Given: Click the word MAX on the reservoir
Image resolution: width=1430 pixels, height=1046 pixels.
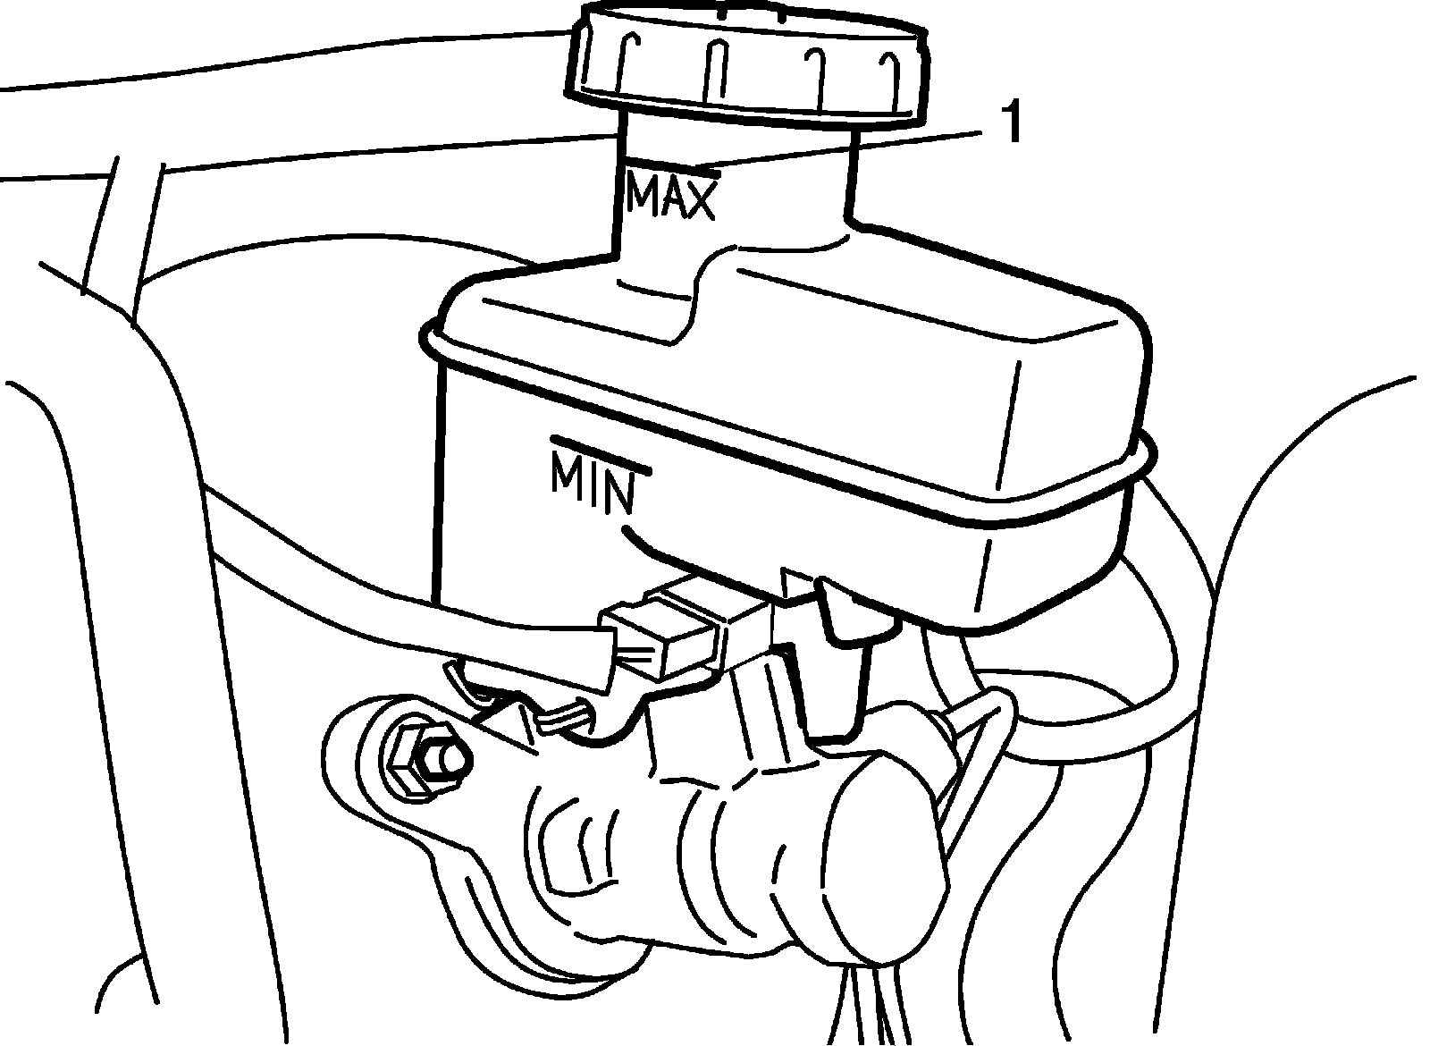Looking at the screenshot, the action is tap(670, 197).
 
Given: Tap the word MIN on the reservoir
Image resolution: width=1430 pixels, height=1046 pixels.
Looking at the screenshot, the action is tap(593, 484).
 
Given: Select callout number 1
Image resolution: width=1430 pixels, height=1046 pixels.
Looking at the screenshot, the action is tap(1009, 124).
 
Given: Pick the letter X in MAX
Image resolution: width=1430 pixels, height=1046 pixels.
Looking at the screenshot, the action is tap(700, 199).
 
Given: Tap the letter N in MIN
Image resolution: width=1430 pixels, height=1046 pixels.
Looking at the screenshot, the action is tap(618, 492).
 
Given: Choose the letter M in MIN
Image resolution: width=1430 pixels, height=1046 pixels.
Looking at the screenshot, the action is tap(568, 475).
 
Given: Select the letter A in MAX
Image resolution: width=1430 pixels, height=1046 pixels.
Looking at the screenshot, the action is tap(671, 197).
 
